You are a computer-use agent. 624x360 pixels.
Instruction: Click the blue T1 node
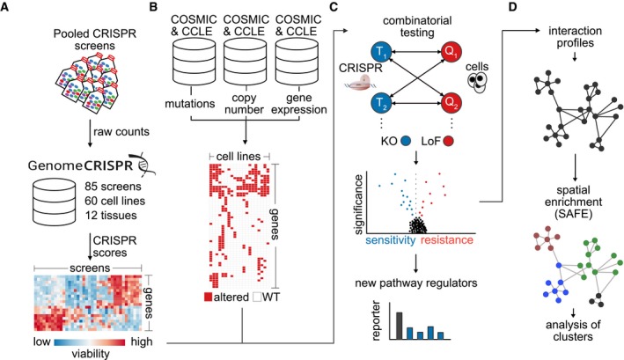(381, 52)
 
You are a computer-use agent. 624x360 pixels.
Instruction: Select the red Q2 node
(452, 103)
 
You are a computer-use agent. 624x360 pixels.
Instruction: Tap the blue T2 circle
(381, 104)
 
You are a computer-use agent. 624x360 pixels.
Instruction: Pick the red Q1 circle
(452, 51)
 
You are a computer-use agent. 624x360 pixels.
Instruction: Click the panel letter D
(512, 7)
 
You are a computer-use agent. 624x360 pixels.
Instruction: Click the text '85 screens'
(113, 187)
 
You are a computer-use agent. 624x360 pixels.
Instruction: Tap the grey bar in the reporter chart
(400, 326)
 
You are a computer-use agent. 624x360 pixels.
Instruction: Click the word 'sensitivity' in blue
(391, 240)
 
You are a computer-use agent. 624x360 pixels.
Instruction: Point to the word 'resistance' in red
(447, 240)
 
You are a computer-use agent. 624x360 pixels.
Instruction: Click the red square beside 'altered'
(208, 297)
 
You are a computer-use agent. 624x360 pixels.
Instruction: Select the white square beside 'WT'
(258, 297)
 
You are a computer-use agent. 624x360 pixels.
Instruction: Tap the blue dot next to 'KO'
(406, 141)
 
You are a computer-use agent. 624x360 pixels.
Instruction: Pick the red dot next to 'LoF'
(449, 141)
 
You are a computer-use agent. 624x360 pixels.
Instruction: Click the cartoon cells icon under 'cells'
(478, 83)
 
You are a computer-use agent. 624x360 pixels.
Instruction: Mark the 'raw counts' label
(121, 132)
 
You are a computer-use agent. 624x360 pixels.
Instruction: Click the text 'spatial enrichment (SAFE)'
(573, 202)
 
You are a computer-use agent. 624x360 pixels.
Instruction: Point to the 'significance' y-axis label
(358, 203)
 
